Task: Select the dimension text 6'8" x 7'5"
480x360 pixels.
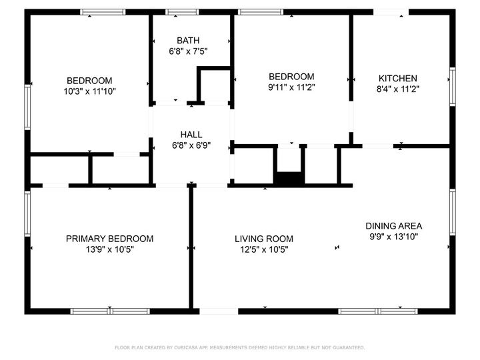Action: (188, 51)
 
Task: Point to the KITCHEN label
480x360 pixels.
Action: (398, 78)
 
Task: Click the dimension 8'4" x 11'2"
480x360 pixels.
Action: (398, 89)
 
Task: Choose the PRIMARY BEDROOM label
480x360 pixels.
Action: (109, 239)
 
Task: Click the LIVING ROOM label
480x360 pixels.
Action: (264, 239)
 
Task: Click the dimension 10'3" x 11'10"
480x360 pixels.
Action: (89, 91)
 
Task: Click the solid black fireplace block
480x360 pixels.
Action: (289, 178)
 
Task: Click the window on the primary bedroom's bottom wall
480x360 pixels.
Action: (102, 311)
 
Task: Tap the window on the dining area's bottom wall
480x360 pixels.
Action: (378, 311)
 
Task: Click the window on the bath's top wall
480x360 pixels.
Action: (177, 11)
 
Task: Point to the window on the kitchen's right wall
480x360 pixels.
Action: (452, 87)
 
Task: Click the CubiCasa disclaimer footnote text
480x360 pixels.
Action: (240, 347)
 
